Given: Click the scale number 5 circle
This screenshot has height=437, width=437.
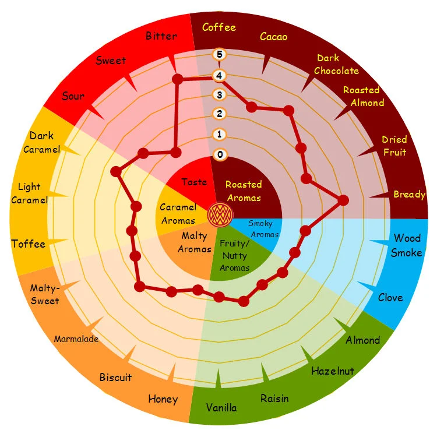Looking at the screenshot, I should [219, 55].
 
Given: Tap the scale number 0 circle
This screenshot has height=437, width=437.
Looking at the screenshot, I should [219, 154].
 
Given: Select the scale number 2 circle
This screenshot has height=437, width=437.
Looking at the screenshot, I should [219, 114].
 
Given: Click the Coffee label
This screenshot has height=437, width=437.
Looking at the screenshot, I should [219, 27].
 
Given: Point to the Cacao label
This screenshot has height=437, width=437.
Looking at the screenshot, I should [273, 37].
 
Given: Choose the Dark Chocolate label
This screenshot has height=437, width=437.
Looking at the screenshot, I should [336, 64].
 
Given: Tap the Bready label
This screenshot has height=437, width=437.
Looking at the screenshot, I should [409, 194].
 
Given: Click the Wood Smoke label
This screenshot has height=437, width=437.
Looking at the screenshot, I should [406, 245].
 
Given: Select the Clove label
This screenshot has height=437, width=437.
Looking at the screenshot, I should [390, 298].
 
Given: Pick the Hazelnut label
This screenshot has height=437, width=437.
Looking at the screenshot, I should [333, 371].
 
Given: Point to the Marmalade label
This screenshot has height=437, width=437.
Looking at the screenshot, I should [76, 339].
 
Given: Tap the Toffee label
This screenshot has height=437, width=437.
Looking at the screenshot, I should [28, 244].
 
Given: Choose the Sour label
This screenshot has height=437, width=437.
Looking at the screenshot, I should [73, 96].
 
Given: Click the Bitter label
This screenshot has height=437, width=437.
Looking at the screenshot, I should [161, 36].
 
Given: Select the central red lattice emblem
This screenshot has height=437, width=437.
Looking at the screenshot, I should [220, 214].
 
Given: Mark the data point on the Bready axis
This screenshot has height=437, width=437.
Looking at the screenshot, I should [343, 200].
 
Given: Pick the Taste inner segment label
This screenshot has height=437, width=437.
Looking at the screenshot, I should [194, 182].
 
